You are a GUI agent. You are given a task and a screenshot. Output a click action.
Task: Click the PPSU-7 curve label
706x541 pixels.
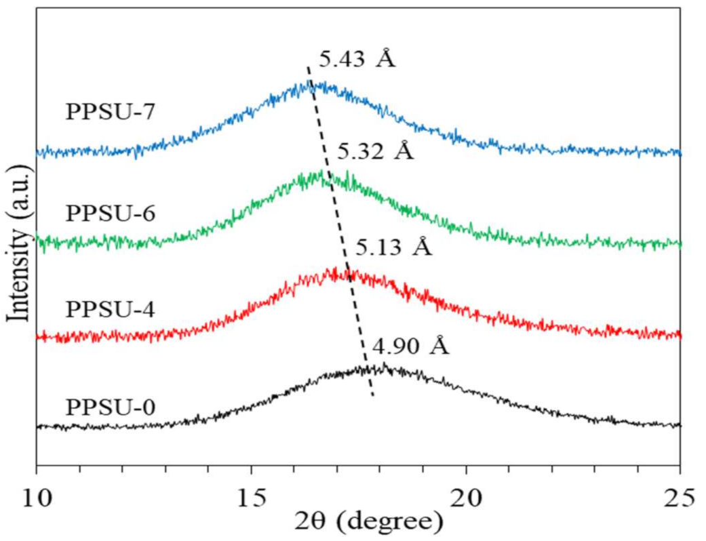tap(111, 111)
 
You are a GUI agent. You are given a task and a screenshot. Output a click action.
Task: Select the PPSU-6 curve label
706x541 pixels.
tap(111, 213)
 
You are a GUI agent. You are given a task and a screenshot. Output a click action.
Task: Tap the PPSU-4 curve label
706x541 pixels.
tap(111, 308)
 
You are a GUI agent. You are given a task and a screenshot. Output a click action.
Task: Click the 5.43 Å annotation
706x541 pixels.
tap(357, 60)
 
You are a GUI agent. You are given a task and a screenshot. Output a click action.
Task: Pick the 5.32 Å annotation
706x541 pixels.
tap(375, 152)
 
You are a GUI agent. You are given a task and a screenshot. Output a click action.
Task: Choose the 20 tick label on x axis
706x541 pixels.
tap(466, 498)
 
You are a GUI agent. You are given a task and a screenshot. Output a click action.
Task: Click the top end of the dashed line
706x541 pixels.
tap(308, 66)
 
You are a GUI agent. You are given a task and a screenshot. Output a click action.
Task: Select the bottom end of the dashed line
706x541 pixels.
tap(372, 397)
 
